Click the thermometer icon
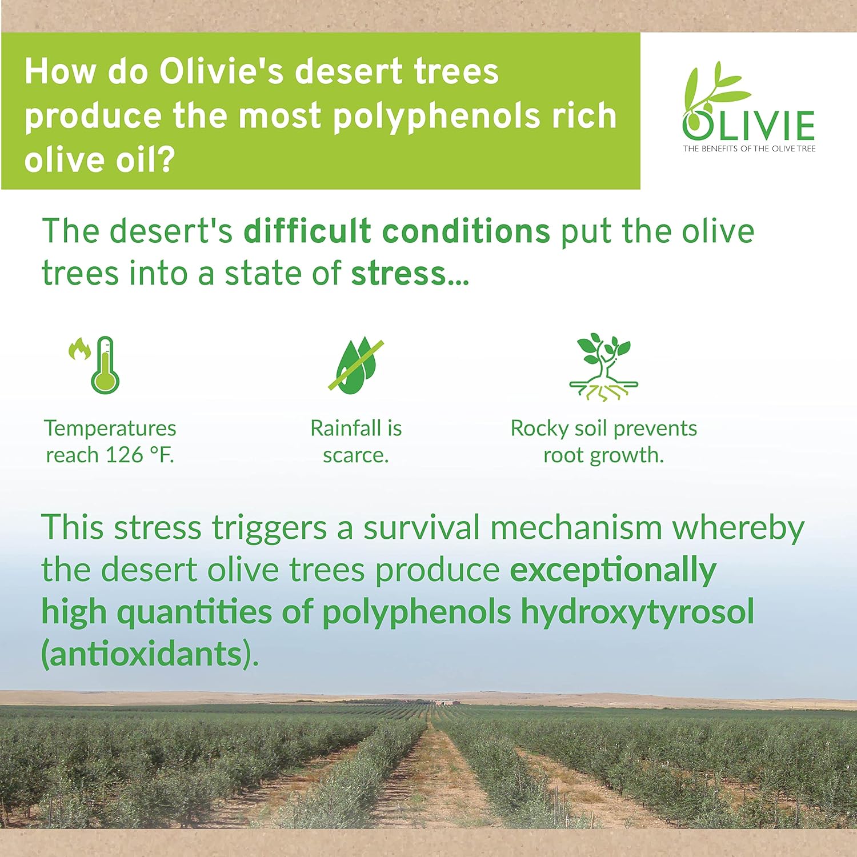click(x=105, y=366)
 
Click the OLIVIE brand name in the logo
click(x=748, y=126)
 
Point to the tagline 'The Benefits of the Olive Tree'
click(x=749, y=149)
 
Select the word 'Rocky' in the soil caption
click(x=539, y=428)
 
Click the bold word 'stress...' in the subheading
click(x=410, y=273)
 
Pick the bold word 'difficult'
click(x=307, y=231)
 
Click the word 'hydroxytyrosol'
click(x=637, y=612)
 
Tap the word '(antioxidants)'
click(x=150, y=654)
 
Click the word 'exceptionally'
click(x=612, y=570)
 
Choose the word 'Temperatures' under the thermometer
click(x=110, y=428)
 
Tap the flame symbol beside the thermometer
click(x=79, y=348)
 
